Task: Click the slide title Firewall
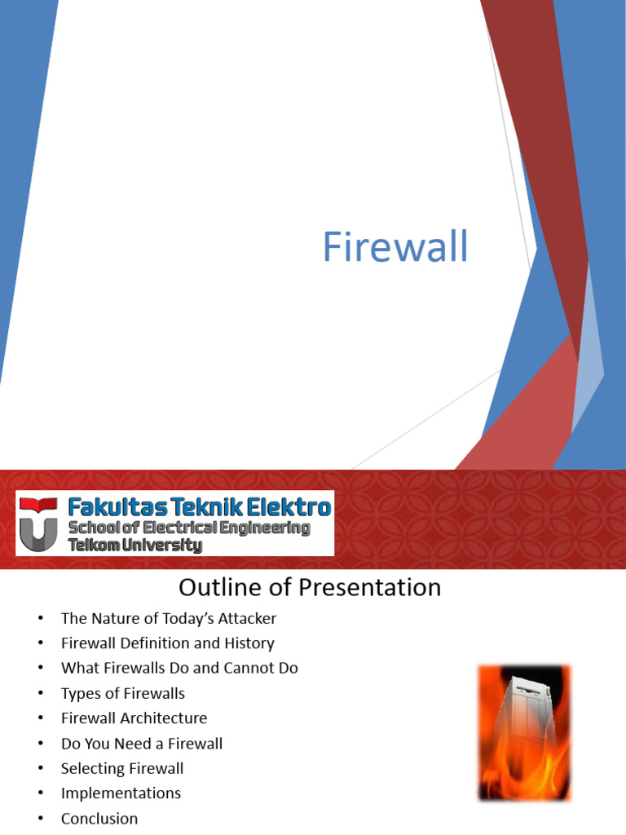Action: pos(395,246)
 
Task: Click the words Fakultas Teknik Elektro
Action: pos(200,506)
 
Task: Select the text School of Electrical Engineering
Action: pos(189,528)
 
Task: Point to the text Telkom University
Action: pos(135,546)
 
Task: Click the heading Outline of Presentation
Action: pos(310,587)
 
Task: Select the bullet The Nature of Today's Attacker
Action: pos(169,618)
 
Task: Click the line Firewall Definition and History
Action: pos(168,643)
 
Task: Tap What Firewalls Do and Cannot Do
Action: pos(179,668)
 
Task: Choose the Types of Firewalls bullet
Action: pos(123,693)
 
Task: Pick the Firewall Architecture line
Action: pos(134,718)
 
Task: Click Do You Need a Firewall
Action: pos(142,744)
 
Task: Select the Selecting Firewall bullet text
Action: pos(122,768)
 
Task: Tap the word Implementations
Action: pos(121,793)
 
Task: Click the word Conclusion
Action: pos(99,818)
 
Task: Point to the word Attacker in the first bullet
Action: pos(247,618)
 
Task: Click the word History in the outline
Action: pos(249,643)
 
